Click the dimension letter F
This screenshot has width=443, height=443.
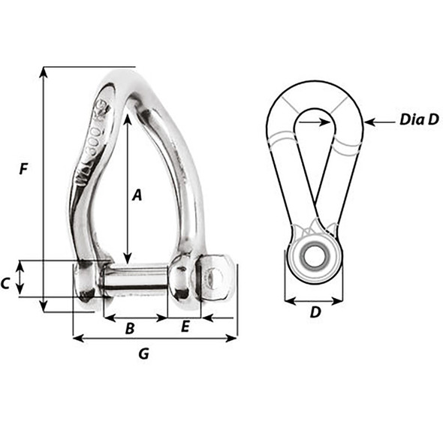point(24,170)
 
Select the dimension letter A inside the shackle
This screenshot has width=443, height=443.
point(137,195)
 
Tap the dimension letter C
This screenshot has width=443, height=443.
point(5,283)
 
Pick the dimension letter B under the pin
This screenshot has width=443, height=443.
point(129,328)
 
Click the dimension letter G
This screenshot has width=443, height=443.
point(144,354)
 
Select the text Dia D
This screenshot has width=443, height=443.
point(418,119)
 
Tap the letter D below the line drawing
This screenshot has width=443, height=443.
point(315,312)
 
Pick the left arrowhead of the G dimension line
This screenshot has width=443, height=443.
point(76,338)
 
